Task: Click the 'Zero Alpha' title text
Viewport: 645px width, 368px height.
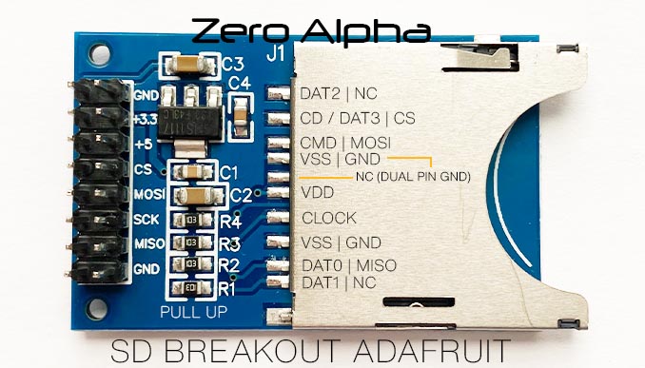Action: click(310, 30)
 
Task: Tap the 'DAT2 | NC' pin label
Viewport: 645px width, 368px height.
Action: click(337, 94)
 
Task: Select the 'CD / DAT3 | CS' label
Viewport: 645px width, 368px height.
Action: click(357, 119)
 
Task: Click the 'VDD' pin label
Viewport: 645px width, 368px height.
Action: click(316, 192)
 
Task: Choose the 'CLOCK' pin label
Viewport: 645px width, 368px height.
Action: click(329, 218)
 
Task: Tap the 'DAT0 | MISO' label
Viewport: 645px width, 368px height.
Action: click(348, 265)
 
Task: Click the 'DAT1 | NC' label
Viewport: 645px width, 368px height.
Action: click(337, 282)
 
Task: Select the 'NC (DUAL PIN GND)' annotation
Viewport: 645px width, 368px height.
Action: click(413, 177)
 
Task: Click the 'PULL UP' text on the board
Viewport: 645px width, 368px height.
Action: click(193, 310)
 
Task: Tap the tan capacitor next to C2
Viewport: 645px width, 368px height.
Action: click(196, 196)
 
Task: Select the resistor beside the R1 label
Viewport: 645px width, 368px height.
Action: click(191, 286)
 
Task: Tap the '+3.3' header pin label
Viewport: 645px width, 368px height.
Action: click(147, 121)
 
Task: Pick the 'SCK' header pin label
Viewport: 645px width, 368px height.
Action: click(146, 220)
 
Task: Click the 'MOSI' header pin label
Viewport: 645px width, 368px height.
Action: click(147, 195)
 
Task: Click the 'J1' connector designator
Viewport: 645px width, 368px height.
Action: click(275, 55)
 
